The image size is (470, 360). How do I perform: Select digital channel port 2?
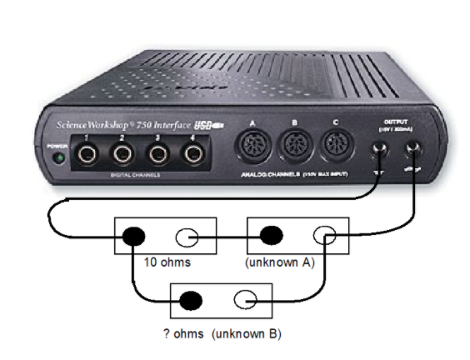click(122, 153)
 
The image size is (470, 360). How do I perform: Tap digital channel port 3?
click(158, 153)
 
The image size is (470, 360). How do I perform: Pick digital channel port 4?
click(193, 153)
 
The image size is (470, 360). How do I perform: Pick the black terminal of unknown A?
click(269, 235)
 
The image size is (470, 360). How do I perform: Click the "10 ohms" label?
click(167, 263)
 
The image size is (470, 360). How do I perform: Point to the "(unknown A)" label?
click(279, 263)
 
